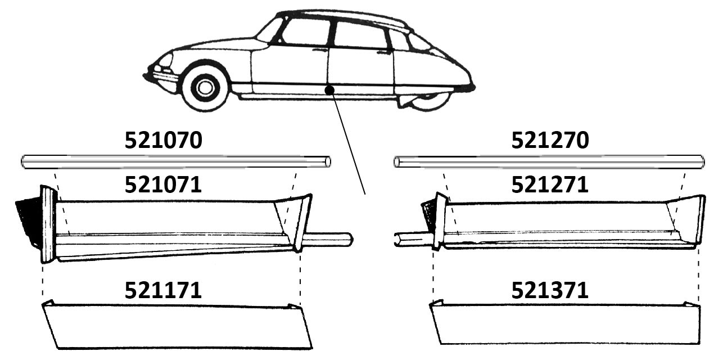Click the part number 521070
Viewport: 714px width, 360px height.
(163, 140)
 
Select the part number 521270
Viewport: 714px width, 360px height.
(550, 140)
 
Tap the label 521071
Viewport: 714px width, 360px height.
(163, 184)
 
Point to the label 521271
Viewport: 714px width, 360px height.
(550, 184)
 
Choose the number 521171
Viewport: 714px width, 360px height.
(163, 290)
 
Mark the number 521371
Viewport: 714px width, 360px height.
(550, 290)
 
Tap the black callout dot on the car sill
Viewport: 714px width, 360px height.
(329, 90)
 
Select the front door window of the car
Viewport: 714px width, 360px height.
(306, 32)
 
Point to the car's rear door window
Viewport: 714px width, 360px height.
(360, 34)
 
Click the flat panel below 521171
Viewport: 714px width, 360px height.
(177, 325)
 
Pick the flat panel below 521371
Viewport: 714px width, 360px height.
(565, 323)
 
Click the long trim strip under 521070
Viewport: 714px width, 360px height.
(176, 161)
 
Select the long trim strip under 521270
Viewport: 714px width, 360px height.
(549, 161)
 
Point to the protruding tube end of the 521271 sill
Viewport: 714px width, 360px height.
(413, 239)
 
